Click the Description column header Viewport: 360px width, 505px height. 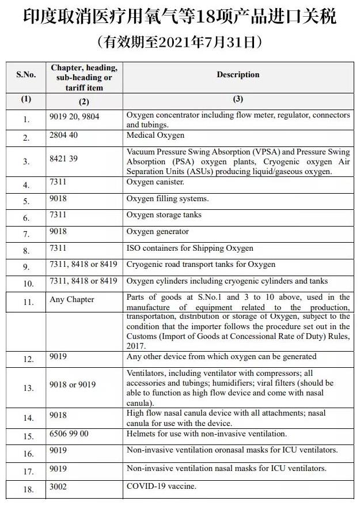point(238,75)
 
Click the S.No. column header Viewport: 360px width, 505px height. point(26,75)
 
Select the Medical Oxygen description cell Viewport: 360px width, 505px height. point(156,135)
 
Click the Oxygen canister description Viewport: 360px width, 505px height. point(156,182)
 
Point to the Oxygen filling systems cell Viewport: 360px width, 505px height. point(168,199)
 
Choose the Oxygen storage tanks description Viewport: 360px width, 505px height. point(164,215)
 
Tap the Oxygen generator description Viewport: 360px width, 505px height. point(158,232)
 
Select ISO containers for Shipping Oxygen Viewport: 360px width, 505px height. point(190,248)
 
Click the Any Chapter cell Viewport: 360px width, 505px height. point(72,300)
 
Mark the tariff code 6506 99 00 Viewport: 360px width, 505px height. point(69,434)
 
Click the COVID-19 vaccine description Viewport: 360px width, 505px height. point(161,487)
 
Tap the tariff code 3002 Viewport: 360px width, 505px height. point(58,487)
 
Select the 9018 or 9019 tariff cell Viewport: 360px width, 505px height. point(73,385)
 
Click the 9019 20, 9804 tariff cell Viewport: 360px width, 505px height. point(74,116)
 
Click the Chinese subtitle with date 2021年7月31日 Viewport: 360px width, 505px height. point(180,42)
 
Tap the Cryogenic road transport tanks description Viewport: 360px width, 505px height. point(201,265)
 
